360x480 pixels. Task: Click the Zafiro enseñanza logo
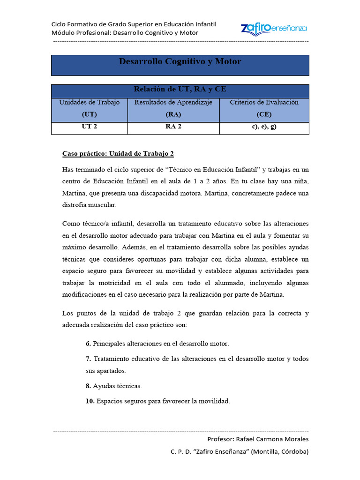tap(274, 28)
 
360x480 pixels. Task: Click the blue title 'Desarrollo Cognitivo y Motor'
tap(180, 61)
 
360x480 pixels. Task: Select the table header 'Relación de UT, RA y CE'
tap(180, 90)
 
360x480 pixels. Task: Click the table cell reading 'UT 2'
tap(89, 127)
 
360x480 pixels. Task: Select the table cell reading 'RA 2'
tap(173, 127)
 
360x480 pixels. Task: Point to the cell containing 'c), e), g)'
tap(264, 127)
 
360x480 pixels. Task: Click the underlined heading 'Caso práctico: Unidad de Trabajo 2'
tap(118, 154)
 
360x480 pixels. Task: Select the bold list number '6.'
tap(88, 344)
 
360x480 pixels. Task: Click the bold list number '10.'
tap(90, 401)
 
